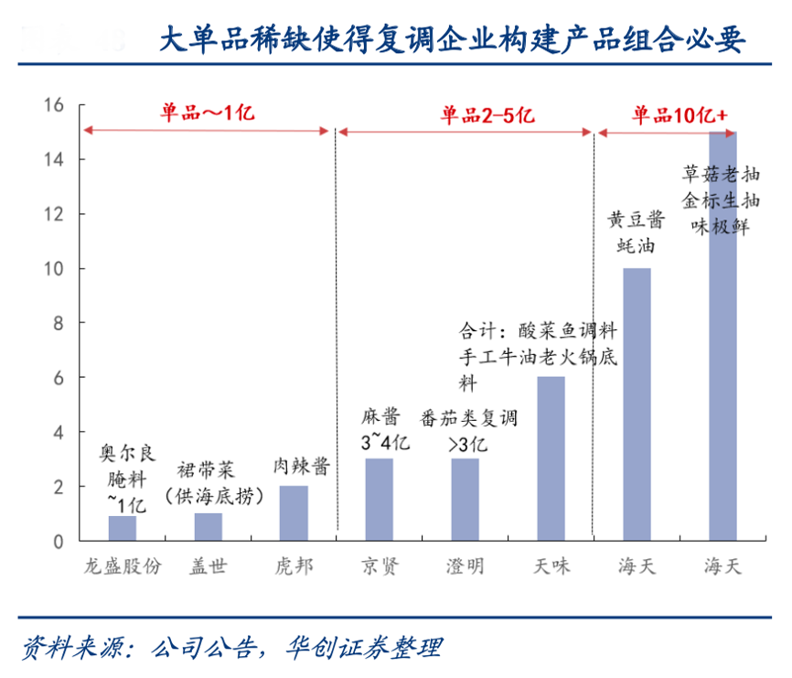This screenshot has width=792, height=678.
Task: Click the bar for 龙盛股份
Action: pyautogui.click(x=122, y=528)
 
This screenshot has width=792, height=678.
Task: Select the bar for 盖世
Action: pyautogui.click(x=208, y=527)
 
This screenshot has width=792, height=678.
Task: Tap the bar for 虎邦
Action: pyautogui.click(x=294, y=513)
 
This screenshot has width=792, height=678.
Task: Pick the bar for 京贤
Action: pyautogui.click(x=379, y=500)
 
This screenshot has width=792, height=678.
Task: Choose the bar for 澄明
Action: pyautogui.click(x=465, y=500)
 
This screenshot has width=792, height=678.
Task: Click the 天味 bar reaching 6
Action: pyautogui.click(x=551, y=458)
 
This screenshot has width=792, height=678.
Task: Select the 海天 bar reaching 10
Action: pyautogui.click(x=637, y=404)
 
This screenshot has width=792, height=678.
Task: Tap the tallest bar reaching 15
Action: pyautogui.click(x=722, y=336)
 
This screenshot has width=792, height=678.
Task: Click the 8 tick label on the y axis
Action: pyautogui.click(x=57, y=323)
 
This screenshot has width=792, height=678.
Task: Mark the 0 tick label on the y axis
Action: pyautogui.click(x=57, y=542)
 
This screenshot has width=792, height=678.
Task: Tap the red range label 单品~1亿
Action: pyautogui.click(x=206, y=113)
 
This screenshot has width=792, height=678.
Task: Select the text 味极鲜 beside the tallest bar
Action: pyautogui.click(x=722, y=225)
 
